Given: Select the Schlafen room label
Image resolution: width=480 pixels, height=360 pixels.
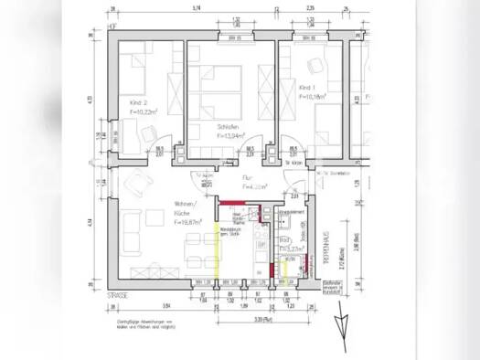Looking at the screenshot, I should point(228,128).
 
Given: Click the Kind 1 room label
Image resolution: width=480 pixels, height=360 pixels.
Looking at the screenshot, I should point(308,88).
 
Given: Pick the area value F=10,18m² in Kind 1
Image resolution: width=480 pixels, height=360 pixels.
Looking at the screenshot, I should point(313,96).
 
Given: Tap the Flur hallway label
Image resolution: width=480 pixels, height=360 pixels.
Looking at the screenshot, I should point(249,178).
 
